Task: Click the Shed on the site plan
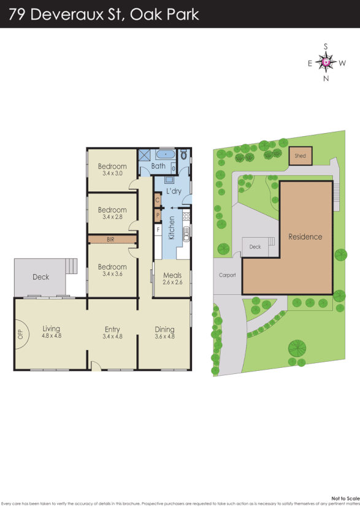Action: tap(300, 156)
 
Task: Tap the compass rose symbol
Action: tap(326, 62)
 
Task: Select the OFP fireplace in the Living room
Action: tap(21, 334)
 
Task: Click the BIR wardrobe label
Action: tap(111, 240)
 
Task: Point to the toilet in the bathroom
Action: tap(184, 155)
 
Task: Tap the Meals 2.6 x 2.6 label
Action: tap(172, 279)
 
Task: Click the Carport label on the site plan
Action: tap(227, 275)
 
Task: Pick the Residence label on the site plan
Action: tap(305, 237)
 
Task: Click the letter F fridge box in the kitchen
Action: tap(158, 229)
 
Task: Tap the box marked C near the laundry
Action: tap(158, 200)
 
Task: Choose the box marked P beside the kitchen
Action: tap(158, 215)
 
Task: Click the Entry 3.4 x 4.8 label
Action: tap(112, 333)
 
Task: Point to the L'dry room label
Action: tap(174, 191)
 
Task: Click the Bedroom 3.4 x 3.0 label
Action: tap(112, 170)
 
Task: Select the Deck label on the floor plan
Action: tap(40, 277)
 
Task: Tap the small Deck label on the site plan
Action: tap(255, 247)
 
